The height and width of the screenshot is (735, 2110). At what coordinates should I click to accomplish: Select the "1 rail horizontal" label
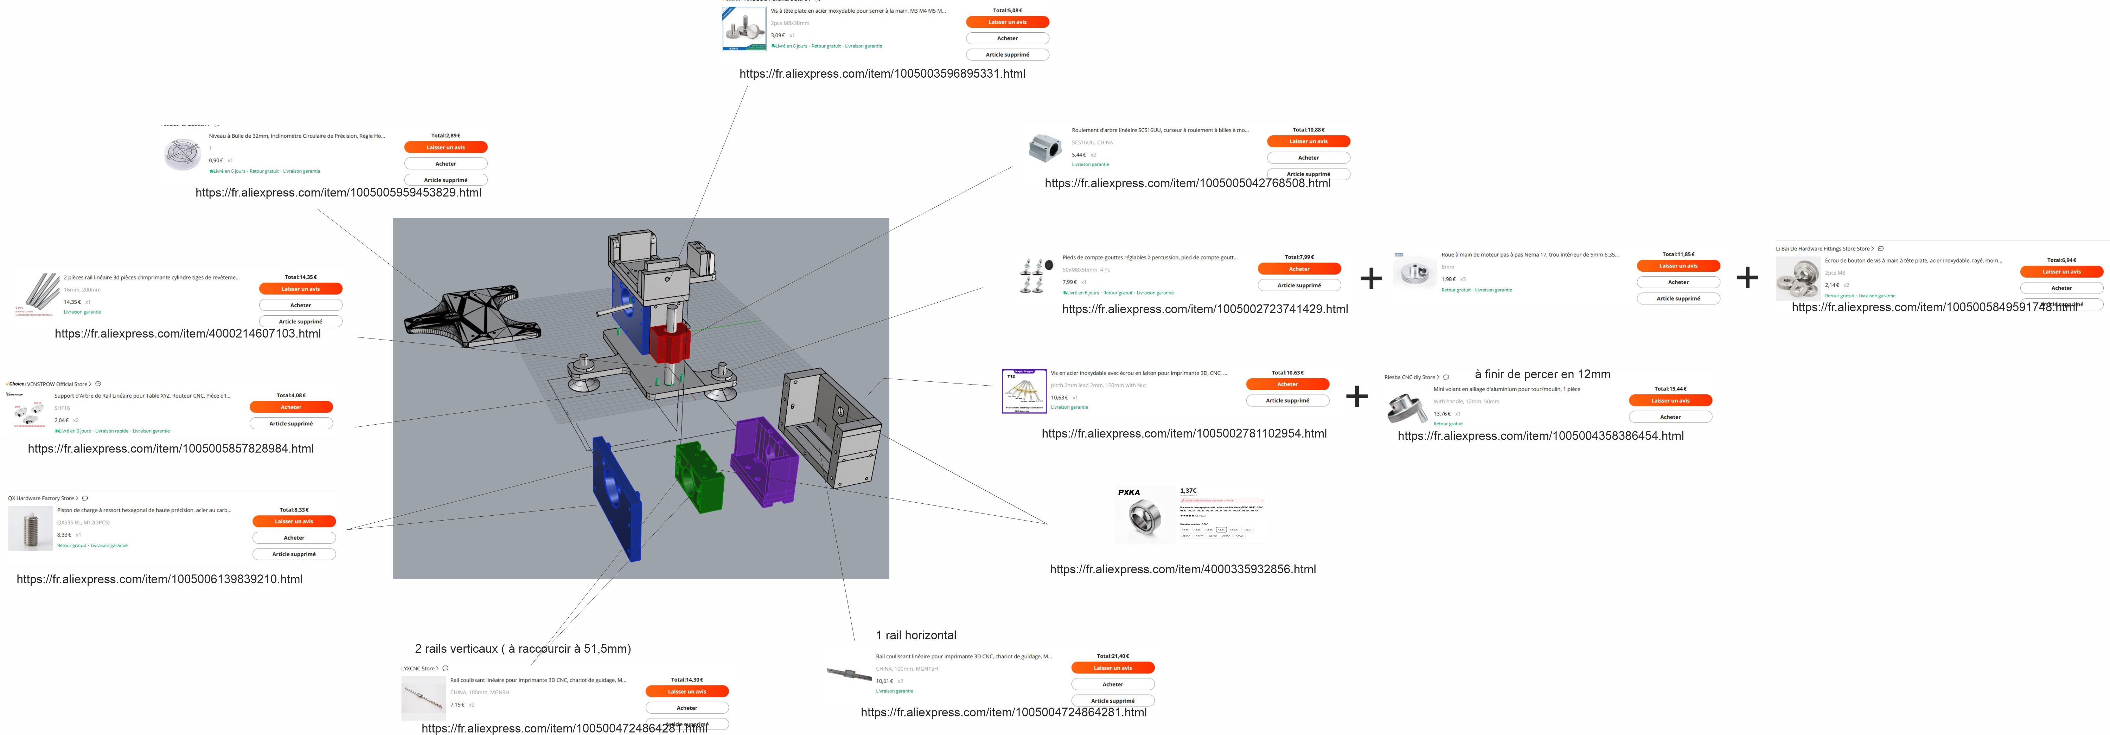[916, 635]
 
